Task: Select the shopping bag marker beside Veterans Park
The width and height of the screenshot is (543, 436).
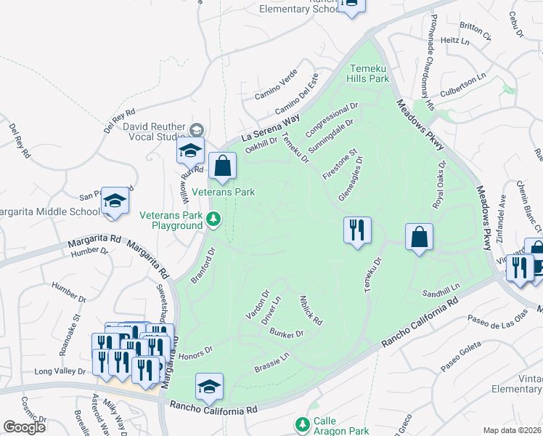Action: (x=223, y=167)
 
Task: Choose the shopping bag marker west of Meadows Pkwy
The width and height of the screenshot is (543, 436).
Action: (x=420, y=237)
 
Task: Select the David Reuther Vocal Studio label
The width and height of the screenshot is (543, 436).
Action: (x=154, y=131)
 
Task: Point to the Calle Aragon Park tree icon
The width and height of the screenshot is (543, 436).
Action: (x=303, y=423)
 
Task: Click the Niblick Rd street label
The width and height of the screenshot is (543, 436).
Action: (x=311, y=310)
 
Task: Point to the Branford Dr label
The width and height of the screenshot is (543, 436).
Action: (x=201, y=267)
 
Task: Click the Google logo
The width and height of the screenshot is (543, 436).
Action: (x=24, y=427)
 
